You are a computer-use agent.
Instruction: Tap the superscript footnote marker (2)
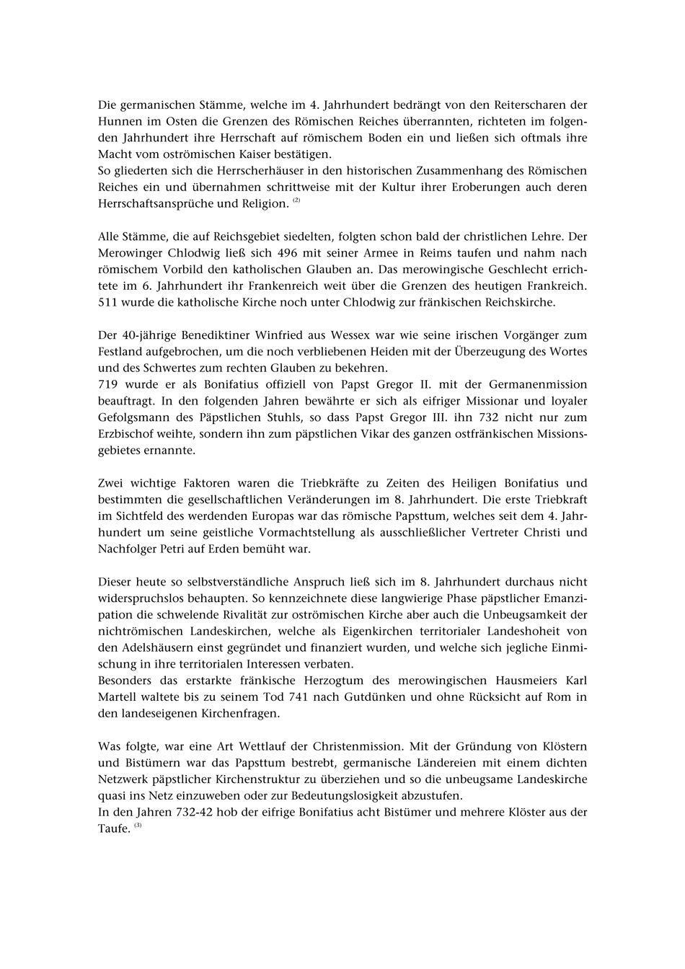coord(296,200)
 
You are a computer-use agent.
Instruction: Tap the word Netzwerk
coord(123,779)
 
